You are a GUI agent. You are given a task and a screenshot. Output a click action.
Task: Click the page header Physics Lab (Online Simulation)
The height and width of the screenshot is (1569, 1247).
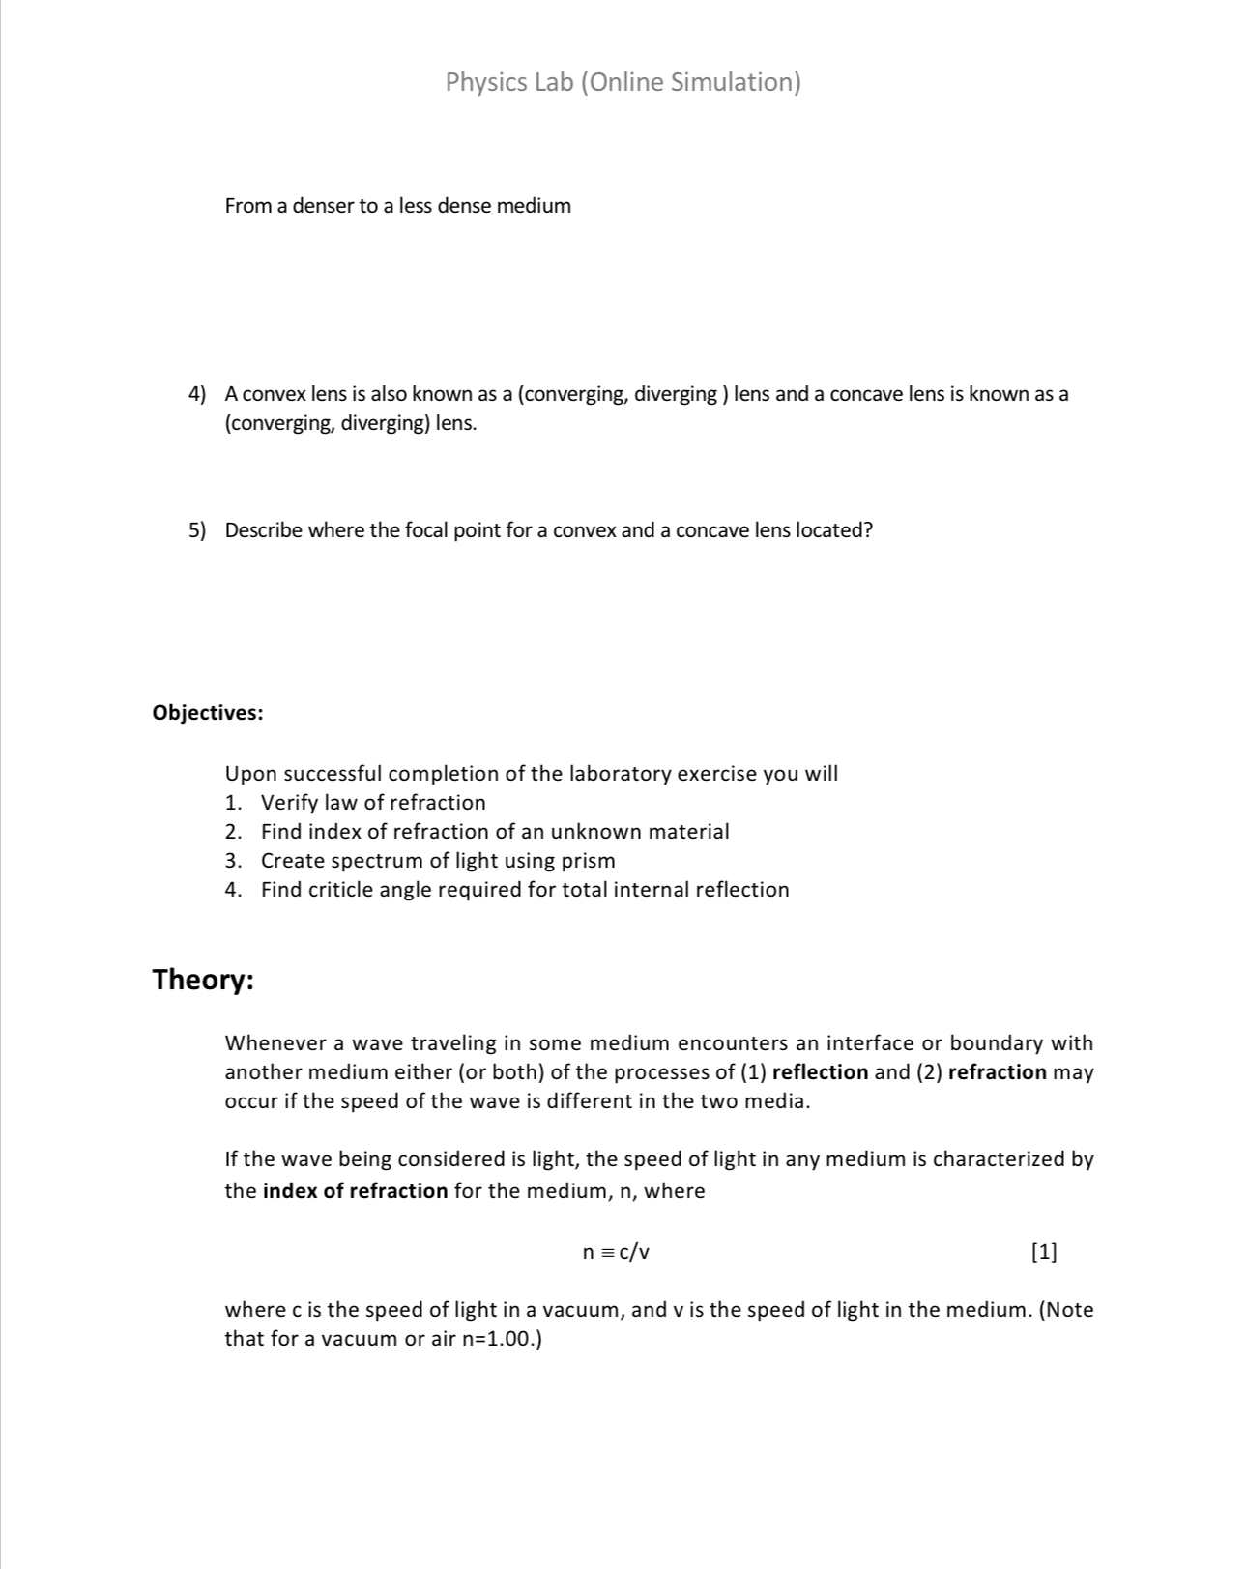(623, 82)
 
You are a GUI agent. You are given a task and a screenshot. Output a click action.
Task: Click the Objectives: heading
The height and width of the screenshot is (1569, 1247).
(208, 713)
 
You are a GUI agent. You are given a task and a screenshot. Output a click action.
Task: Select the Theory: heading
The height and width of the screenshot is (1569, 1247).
(203, 980)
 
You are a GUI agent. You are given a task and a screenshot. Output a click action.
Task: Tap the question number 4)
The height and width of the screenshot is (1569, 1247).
(197, 394)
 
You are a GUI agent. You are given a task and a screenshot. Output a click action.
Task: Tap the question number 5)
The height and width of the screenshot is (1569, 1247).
(197, 530)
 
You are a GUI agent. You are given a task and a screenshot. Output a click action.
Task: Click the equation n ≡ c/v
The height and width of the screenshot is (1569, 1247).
(616, 1253)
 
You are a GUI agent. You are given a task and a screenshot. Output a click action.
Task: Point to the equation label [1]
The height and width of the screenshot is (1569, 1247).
(1044, 1253)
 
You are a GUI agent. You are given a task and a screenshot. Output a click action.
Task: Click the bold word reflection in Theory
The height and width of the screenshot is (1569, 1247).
(821, 1072)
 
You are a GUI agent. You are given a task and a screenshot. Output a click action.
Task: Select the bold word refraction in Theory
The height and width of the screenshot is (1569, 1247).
(998, 1072)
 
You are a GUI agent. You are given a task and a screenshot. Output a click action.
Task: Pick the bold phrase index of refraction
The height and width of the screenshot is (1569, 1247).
(355, 1191)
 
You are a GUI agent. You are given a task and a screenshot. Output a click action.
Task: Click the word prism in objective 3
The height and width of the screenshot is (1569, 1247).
(588, 861)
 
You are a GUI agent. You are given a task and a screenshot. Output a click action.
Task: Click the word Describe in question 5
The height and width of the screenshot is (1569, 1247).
(264, 530)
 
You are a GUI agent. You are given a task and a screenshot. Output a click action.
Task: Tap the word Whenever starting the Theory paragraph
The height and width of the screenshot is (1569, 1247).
(275, 1043)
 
